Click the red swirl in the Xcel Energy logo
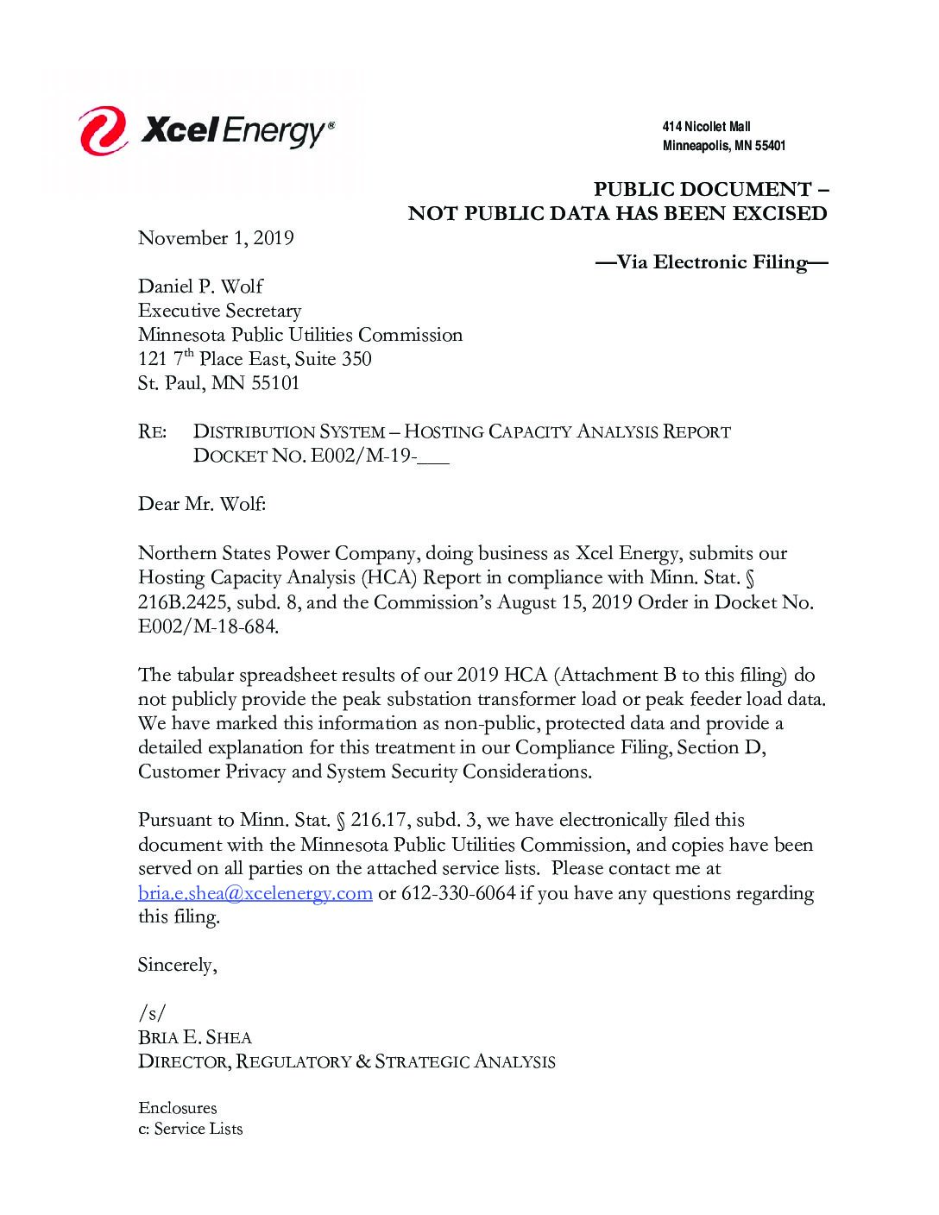point(103,131)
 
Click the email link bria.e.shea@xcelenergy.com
point(255,893)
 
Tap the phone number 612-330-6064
point(458,893)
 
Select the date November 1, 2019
point(216,238)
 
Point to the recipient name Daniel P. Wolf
point(200,286)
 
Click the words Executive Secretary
point(219,311)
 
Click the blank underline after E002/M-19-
point(433,457)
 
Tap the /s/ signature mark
point(151,1013)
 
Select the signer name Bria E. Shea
point(195,1037)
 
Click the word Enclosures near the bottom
point(178,1108)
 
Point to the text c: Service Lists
point(191,1129)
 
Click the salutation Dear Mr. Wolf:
point(202,504)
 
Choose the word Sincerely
point(177,965)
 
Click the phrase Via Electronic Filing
point(712,262)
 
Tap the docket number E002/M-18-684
point(208,627)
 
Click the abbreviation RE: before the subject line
point(153,432)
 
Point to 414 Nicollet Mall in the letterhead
point(706,127)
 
